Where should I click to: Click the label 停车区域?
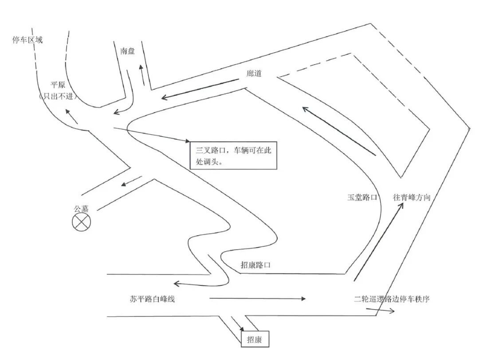(x=27, y=40)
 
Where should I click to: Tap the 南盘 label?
(x=127, y=51)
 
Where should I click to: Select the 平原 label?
(x=58, y=85)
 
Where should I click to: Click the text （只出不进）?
(x=58, y=96)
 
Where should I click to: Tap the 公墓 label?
(x=82, y=208)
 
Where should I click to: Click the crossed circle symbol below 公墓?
(x=81, y=222)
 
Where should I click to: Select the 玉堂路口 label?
(x=362, y=198)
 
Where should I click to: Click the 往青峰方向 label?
(x=411, y=198)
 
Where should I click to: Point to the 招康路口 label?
(x=255, y=265)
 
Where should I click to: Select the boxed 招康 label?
(x=255, y=340)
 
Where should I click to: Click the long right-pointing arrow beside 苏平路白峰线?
(x=257, y=299)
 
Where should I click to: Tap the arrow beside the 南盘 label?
(x=142, y=75)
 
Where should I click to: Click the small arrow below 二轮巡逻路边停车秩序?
(x=385, y=310)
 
